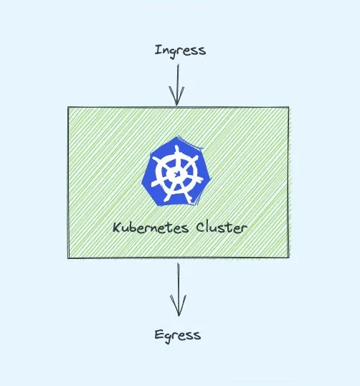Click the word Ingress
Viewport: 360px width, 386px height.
(180, 51)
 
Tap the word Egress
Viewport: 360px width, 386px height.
(178, 335)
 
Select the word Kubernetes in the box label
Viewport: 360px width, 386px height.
(151, 227)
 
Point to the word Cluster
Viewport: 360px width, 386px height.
(222, 227)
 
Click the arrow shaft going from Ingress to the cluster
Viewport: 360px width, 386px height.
(177, 85)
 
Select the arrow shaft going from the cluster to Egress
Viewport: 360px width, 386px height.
(178, 290)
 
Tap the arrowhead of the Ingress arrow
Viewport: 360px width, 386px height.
(176, 95)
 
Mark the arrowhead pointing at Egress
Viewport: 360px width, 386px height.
(178, 305)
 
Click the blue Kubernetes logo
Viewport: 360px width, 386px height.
(176, 171)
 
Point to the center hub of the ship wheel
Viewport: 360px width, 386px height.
(176, 174)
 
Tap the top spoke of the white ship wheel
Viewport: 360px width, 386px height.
(176, 153)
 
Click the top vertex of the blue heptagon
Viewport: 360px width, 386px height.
(178, 136)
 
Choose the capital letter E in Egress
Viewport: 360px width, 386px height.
(158, 334)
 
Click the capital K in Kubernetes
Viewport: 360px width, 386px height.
(117, 227)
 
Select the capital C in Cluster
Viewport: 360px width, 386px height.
(201, 227)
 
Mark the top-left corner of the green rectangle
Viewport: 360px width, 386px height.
(68, 107)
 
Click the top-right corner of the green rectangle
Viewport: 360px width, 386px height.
(288, 107)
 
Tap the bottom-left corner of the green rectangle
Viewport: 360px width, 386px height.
(68, 258)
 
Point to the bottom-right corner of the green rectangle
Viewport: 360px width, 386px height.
(289, 258)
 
